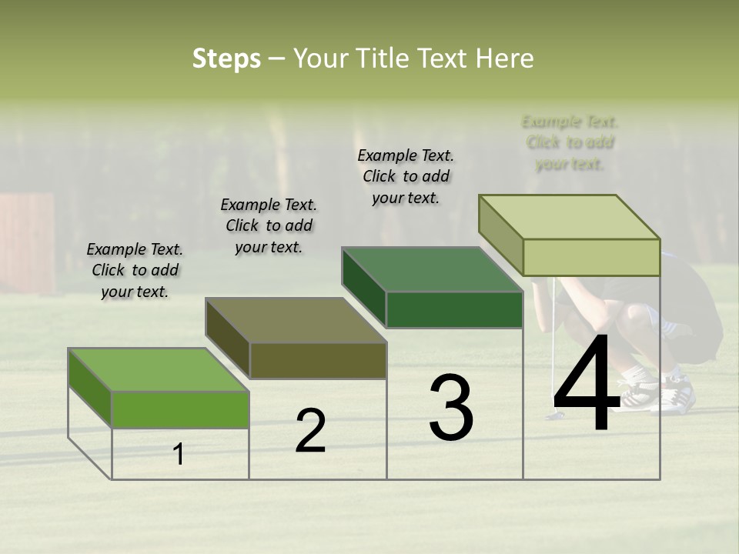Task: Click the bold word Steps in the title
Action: click(226, 58)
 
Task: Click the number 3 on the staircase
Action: click(450, 407)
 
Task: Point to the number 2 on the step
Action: click(310, 431)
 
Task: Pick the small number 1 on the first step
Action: click(179, 455)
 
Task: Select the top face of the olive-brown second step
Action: click(296, 320)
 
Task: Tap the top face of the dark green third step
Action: click(432, 269)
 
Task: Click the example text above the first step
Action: click(135, 270)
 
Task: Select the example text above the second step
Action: click(269, 225)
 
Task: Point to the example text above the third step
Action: click(406, 176)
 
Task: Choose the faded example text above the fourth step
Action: click(570, 142)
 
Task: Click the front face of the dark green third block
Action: click(454, 310)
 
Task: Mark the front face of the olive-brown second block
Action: click(318, 360)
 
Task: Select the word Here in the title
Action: click(504, 58)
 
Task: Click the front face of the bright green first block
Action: click(180, 409)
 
